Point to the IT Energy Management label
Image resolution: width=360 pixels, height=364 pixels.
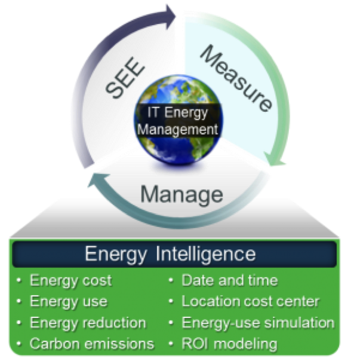click(180, 120)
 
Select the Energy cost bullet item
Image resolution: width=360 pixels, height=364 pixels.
click(70, 280)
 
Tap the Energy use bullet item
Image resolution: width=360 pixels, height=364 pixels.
click(68, 301)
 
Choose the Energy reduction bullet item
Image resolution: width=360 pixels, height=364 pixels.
click(88, 323)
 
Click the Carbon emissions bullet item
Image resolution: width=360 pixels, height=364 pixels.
click(91, 344)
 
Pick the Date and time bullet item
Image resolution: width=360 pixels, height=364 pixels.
click(229, 280)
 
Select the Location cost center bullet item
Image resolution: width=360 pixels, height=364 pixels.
click(250, 301)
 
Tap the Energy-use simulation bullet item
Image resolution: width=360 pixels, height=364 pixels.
click(258, 323)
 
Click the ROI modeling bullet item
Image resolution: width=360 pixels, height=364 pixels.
click(229, 344)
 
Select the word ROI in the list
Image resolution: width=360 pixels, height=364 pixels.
click(195, 344)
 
